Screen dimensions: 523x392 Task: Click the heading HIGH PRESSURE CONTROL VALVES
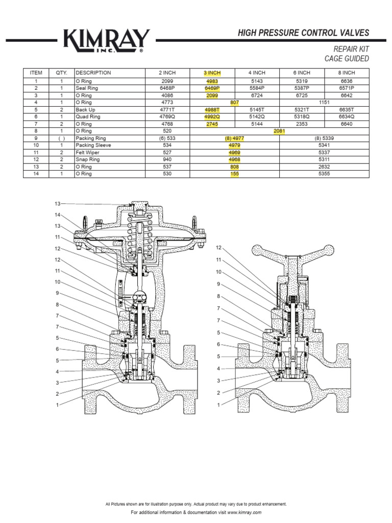click(303, 34)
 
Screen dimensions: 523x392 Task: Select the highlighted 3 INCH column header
click(212, 73)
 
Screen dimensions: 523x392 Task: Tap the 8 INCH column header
click(347, 73)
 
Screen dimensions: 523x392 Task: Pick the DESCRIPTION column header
click(93, 73)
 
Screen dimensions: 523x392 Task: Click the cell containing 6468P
click(168, 88)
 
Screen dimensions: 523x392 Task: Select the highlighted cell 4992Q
click(212, 116)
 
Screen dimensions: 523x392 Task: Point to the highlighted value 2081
click(279, 131)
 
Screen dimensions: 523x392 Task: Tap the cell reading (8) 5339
click(324, 138)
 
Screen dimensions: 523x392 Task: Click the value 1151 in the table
click(324, 102)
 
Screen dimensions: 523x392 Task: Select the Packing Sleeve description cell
click(93, 145)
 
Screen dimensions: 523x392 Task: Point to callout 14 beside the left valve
click(58, 215)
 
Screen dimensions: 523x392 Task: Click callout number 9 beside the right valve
click(218, 284)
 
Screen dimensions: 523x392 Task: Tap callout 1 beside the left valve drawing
click(58, 405)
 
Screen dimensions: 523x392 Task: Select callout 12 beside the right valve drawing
click(218, 248)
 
